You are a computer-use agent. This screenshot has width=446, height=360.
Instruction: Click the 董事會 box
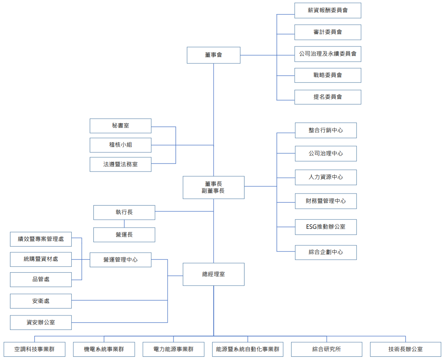(213, 55)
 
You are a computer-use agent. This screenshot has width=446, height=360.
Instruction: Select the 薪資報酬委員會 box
(328, 11)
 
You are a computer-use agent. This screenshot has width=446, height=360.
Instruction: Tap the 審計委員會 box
(328, 32)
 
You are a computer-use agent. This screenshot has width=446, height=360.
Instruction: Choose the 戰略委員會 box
(328, 75)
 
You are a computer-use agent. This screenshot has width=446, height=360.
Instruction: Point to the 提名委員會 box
(328, 97)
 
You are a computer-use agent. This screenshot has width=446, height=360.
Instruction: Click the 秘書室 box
(120, 126)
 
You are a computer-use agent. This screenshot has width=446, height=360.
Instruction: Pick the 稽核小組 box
(120, 145)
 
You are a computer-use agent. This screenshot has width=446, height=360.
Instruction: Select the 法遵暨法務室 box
(120, 164)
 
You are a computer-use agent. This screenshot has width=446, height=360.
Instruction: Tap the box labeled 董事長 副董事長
(213, 187)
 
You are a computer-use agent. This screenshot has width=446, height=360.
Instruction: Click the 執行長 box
(124, 212)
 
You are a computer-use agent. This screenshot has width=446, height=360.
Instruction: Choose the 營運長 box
(124, 235)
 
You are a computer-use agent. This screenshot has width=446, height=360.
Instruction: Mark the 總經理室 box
(213, 274)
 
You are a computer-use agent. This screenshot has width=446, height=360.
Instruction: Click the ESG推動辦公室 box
(326, 227)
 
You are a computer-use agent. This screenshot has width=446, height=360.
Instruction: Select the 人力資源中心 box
(326, 177)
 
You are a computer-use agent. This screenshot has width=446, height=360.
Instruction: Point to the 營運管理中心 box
(120, 260)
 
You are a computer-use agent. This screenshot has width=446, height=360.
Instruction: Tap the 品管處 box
(41, 280)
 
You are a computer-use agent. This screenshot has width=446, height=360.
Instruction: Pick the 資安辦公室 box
(41, 323)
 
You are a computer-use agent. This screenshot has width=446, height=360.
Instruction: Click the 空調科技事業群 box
(34, 349)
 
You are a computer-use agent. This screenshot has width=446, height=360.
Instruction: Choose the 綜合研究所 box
(326, 349)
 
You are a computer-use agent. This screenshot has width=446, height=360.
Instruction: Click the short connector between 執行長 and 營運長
(124, 224)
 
